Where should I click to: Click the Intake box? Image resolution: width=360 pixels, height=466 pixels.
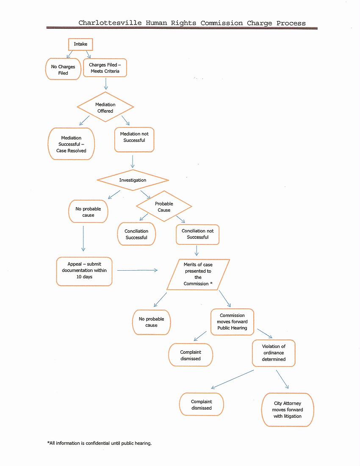click(80, 44)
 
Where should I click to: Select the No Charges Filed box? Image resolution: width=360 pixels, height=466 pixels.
click(63, 69)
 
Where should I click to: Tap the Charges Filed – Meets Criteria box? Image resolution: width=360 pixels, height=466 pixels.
click(105, 68)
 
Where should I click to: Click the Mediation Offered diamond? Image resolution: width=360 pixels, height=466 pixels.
click(105, 107)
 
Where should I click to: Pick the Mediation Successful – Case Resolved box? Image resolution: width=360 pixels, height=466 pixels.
click(71, 144)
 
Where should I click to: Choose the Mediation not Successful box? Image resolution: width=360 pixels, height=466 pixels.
click(134, 140)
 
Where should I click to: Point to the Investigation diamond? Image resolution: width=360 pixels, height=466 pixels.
click(133, 180)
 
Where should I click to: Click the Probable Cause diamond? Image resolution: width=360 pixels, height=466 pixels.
click(164, 206)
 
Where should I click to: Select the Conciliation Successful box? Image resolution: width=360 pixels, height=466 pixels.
click(136, 234)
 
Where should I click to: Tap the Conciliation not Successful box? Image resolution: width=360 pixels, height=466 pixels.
click(197, 235)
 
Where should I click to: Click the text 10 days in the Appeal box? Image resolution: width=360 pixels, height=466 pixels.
click(84, 277)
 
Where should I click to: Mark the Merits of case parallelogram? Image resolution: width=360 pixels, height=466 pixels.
click(198, 275)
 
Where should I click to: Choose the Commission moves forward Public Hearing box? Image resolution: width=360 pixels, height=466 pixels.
click(232, 322)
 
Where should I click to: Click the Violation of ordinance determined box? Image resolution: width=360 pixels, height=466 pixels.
click(274, 353)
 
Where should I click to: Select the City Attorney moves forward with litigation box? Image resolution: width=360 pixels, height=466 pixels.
click(288, 410)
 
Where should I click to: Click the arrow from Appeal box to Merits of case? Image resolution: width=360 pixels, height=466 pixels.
click(138, 270)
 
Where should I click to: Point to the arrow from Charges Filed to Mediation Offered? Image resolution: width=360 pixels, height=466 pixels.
click(106, 84)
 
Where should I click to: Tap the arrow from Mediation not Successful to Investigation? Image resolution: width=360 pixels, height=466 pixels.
click(133, 162)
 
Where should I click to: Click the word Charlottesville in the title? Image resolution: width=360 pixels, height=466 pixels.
click(110, 23)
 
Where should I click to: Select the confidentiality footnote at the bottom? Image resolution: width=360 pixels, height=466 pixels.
click(99, 443)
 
